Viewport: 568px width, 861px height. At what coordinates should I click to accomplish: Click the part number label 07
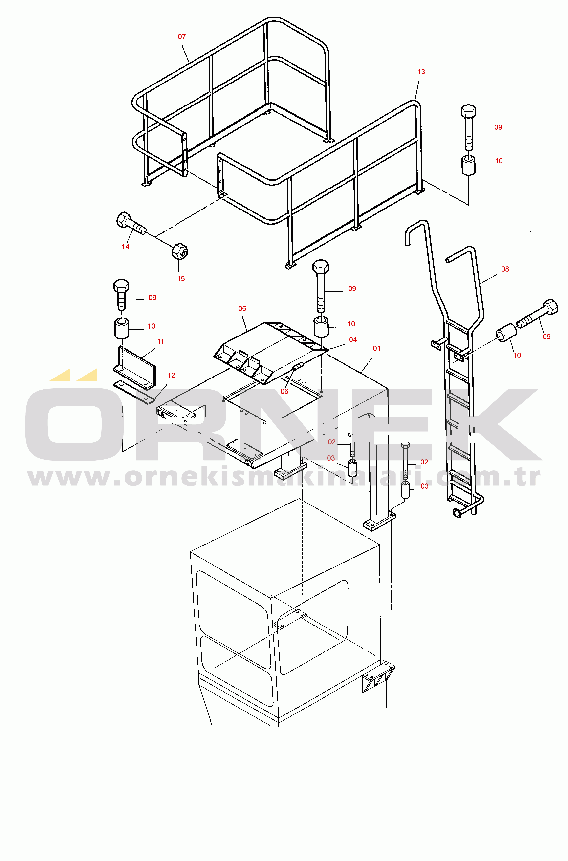(x=182, y=37)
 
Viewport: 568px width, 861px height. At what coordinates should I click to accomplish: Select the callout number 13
(x=421, y=72)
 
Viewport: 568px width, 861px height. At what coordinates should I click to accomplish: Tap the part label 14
(x=125, y=247)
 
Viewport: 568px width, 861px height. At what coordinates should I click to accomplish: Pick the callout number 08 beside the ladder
(x=505, y=269)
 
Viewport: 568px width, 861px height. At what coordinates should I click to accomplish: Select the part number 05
(x=242, y=309)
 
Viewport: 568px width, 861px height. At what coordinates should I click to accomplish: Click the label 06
(x=284, y=391)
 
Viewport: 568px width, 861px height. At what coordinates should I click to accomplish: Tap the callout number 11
(x=160, y=341)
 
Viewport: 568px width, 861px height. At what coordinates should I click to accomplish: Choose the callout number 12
(x=171, y=376)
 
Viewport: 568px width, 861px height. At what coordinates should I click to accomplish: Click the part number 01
(x=377, y=348)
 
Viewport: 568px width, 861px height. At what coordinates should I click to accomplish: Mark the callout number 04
(x=353, y=340)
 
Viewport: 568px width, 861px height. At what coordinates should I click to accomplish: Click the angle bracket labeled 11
(x=135, y=368)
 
